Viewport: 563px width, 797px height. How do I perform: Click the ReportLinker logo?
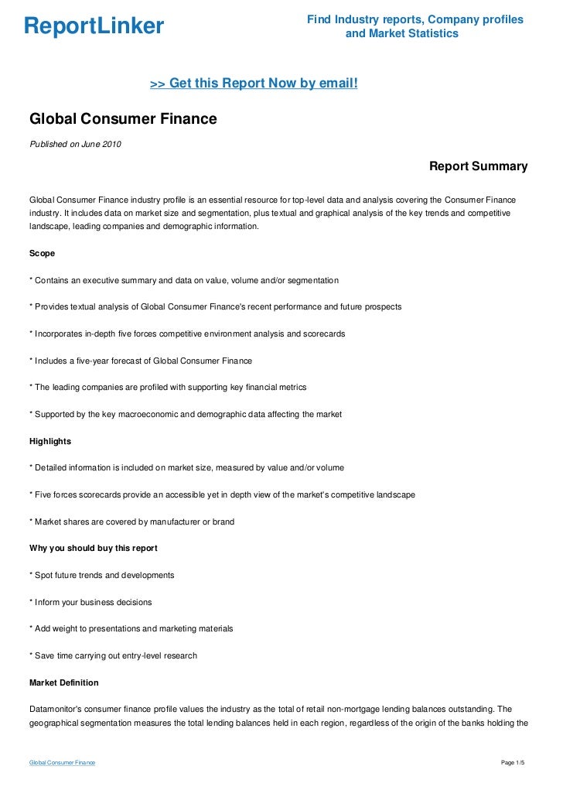[94, 27]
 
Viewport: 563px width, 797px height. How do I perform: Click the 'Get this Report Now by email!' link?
[254, 83]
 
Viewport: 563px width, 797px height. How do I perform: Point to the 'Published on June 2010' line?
[75, 144]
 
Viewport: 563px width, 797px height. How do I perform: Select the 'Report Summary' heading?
[478, 166]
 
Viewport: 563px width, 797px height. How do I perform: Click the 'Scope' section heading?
[44, 253]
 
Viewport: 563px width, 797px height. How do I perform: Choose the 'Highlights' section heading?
[50, 441]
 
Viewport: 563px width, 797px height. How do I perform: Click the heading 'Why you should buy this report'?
[93, 548]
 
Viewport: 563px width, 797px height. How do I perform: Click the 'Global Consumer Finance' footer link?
[62, 763]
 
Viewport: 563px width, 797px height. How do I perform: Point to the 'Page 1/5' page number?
[513, 763]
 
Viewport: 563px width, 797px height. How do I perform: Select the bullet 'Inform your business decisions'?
[90, 602]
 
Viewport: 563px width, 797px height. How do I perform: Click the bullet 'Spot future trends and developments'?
[101, 575]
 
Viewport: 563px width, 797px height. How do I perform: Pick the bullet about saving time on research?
[113, 655]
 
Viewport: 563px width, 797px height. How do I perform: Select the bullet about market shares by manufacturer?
[131, 522]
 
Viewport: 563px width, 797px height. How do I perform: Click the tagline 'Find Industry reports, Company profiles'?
[415, 19]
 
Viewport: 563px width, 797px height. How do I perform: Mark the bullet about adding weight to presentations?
[131, 629]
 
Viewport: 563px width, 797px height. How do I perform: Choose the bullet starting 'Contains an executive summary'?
[183, 279]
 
